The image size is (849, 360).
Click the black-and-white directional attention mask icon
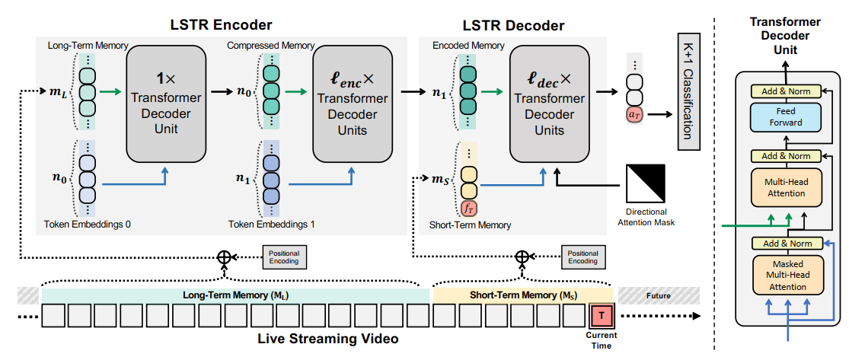[645, 183]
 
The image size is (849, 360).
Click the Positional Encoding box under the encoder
[282, 256]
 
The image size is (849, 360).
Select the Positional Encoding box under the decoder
[582, 256]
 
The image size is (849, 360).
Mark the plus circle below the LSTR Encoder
[224, 257]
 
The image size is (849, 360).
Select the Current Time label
[601, 340]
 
